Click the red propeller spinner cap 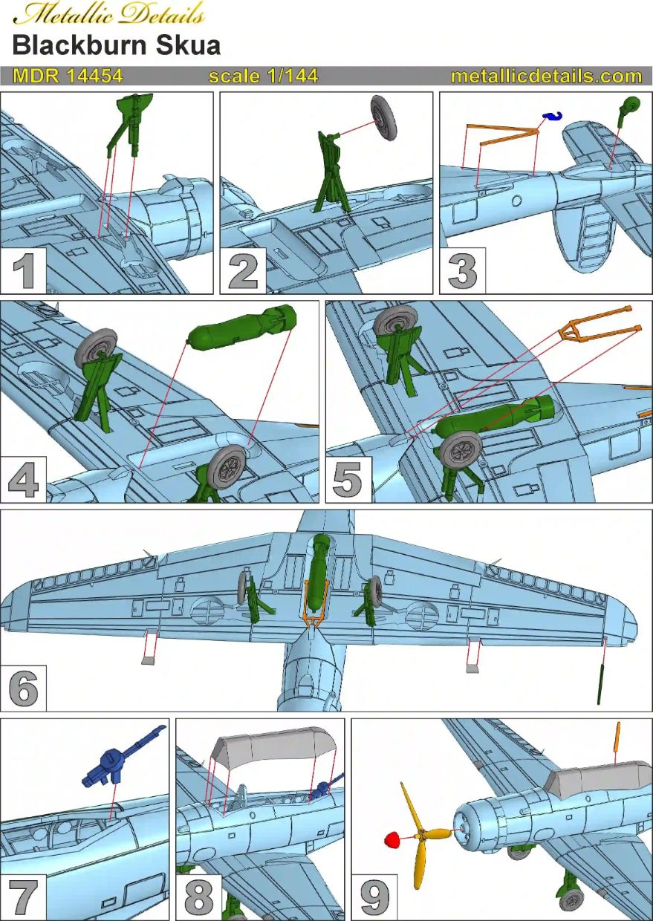[x=392, y=840]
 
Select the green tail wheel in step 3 [x=630, y=105]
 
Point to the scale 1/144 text [x=263, y=77]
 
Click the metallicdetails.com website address [x=546, y=77]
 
